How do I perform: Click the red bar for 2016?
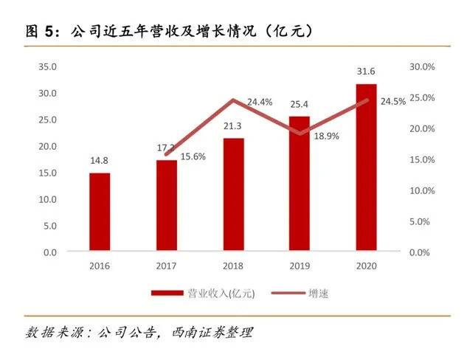click(x=100, y=212)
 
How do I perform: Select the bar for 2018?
click(x=233, y=195)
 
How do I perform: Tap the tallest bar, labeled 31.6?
click(x=366, y=168)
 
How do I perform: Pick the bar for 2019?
click(x=300, y=184)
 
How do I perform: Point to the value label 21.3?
click(x=233, y=127)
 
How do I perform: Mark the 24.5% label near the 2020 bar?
click(x=393, y=102)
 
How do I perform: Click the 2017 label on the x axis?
click(x=167, y=266)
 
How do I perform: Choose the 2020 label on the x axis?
click(x=366, y=266)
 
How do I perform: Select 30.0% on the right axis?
click(x=422, y=66)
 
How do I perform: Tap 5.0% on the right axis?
click(x=422, y=221)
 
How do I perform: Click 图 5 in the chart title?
click(x=41, y=31)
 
